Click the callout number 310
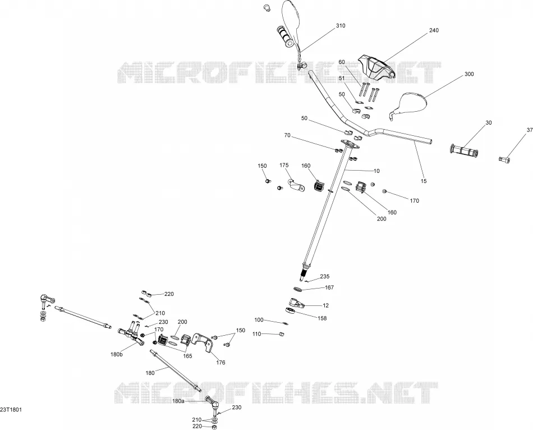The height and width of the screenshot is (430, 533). click(x=340, y=25)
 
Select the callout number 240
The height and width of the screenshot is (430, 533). click(x=434, y=30)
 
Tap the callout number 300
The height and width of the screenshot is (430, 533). click(x=469, y=74)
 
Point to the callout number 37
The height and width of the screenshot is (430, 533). click(x=530, y=130)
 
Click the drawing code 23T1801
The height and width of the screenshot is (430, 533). click(x=11, y=410)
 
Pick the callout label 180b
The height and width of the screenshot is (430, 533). click(x=116, y=354)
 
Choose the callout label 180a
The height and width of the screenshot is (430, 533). click(x=178, y=401)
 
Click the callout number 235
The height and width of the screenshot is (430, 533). click(x=325, y=277)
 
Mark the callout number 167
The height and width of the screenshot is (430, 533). click(x=329, y=287)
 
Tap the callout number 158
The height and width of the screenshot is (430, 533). click(x=322, y=318)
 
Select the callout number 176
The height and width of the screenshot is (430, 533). click(x=220, y=363)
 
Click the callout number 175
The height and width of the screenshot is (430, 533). click(x=284, y=166)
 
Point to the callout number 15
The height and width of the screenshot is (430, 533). click(x=424, y=181)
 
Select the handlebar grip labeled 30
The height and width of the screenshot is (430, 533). click(x=464, y=150)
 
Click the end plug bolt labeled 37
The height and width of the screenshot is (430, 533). click(x=504, y=158)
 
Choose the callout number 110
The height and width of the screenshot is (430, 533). click(x=256, y=334)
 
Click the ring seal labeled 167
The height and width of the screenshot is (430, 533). click(x=298, y=290)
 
